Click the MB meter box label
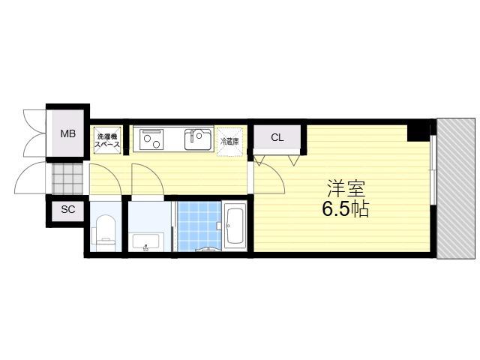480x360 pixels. (68, 133)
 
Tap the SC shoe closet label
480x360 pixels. (68, 210)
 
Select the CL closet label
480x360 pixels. (277, 138)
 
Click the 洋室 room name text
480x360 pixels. (346, 189)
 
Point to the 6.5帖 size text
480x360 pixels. (345, 209)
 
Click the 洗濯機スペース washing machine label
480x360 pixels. (107, 140)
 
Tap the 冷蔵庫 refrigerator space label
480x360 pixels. (230, 141)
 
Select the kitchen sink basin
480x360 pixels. (198, 139)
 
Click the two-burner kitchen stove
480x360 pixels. (151, 139)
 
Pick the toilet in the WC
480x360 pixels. (103, 233)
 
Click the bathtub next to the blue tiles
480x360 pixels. (234, 226)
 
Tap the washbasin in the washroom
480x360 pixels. (145, 241)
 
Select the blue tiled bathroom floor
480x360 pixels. (199, 226)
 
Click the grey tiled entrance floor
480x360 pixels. (67, 179)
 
